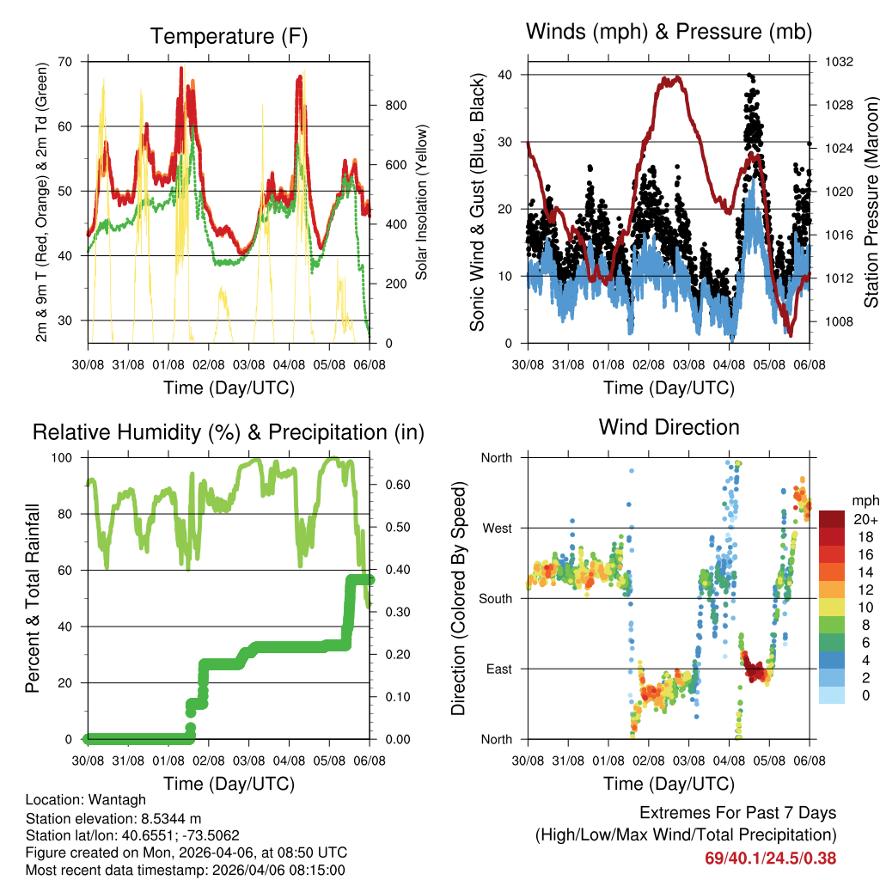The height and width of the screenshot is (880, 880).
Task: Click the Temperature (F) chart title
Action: (x=229, y=36)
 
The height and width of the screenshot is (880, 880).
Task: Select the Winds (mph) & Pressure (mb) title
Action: (x=669, y=32)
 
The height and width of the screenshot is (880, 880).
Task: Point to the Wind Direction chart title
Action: (x=669, y=427)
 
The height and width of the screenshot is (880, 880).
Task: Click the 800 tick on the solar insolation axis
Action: (x=394, y=106)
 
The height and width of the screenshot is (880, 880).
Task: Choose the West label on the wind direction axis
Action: (x=496, y=528)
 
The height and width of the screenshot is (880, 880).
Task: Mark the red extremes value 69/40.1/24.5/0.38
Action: (x=771, y=859)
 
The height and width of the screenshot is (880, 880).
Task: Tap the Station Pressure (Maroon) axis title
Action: (x=871, y=202)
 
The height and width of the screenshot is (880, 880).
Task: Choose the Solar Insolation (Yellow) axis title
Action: (x=422, y=202)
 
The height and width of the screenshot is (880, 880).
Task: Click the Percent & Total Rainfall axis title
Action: (x=33, y=598)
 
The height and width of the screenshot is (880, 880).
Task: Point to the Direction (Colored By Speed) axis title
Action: (x=458, y=598)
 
